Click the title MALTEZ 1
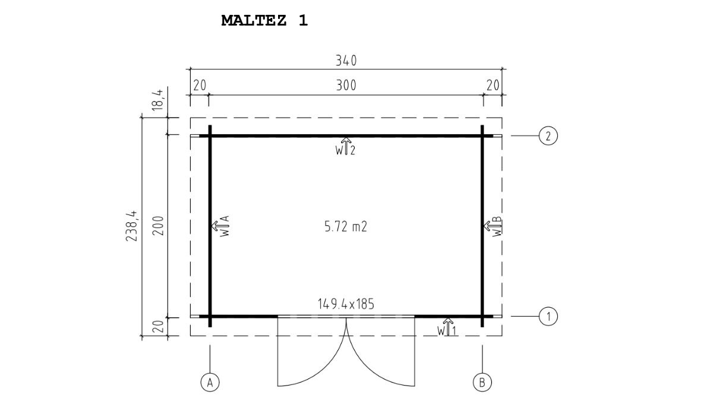(264, 21)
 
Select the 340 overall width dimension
(346, 61)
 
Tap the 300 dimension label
(346, 86)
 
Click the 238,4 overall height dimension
(131, 226)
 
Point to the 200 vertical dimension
(158, 226)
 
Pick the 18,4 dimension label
(157, 100)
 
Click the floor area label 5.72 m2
(346, 226)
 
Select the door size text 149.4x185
(346, 304)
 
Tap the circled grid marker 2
(548, 136)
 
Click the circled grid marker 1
(548, 316)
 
